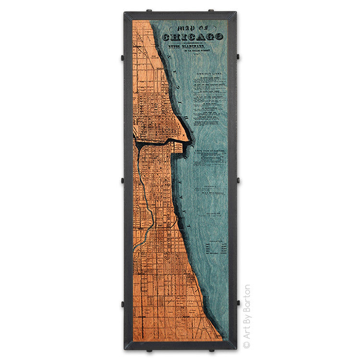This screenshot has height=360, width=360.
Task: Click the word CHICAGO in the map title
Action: (x=192, y=36)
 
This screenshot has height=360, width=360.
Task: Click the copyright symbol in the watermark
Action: (x=246, y=344)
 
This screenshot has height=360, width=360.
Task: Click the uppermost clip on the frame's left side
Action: (x=123, y=57)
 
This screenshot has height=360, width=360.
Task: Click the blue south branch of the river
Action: (x=141, y=182)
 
